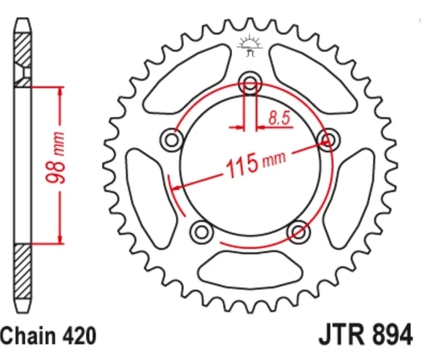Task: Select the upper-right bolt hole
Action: (x=328, y=139)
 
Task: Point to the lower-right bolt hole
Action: (x=298, y=231)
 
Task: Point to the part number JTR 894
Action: (x=365, y=336)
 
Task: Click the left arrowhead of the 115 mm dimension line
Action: (x=174, y=188)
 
